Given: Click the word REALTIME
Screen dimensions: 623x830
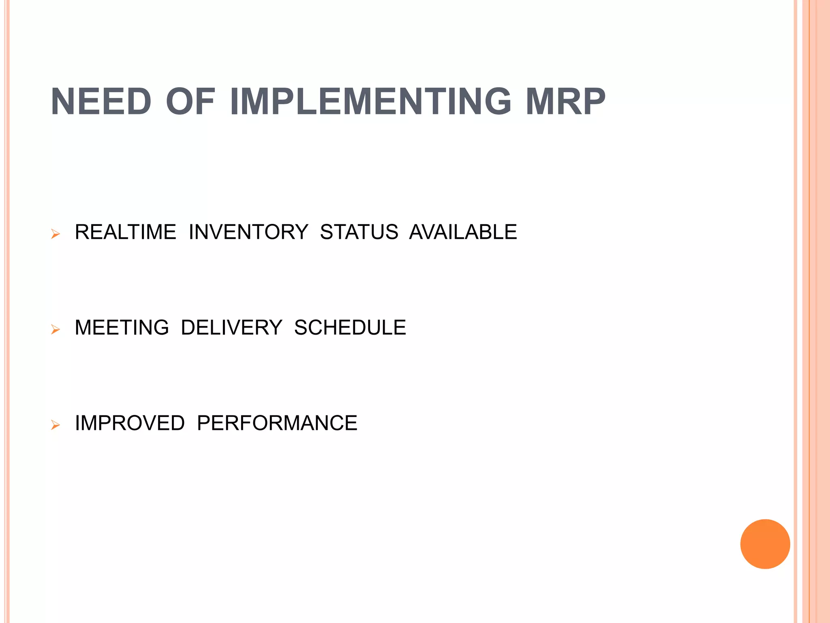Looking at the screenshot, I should (126, 232).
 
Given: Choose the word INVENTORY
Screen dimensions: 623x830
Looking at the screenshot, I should (248, 232).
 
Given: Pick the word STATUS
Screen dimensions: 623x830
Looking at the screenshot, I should (359, 232).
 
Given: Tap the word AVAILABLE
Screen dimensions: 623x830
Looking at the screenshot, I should (463, 232).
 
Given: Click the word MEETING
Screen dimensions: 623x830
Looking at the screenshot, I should (122, 327).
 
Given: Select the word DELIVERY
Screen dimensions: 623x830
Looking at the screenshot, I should (231, 327).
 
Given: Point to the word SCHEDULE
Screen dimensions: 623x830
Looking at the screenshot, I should (350, 327).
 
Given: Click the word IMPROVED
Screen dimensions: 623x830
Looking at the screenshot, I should (130, 423).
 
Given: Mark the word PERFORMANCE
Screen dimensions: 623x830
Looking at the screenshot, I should (277, 423).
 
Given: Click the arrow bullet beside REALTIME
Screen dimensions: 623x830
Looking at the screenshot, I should (56, 234).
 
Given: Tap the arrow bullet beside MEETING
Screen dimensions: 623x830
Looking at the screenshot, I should (56, 329).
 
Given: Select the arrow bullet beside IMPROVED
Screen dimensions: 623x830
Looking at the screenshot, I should (56, 425).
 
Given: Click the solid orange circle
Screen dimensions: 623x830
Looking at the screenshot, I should (765, 544).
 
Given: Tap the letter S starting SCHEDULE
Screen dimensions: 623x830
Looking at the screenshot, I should (302, 327).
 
